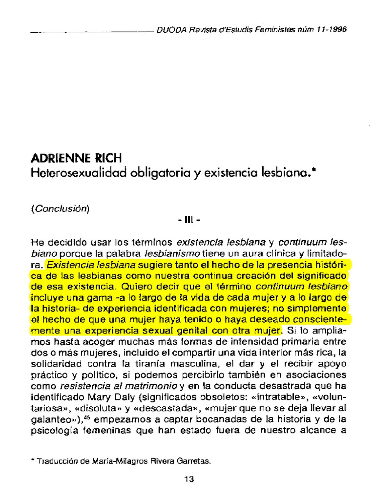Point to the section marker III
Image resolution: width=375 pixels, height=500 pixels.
187,220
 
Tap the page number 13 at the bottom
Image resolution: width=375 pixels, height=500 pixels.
189,479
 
